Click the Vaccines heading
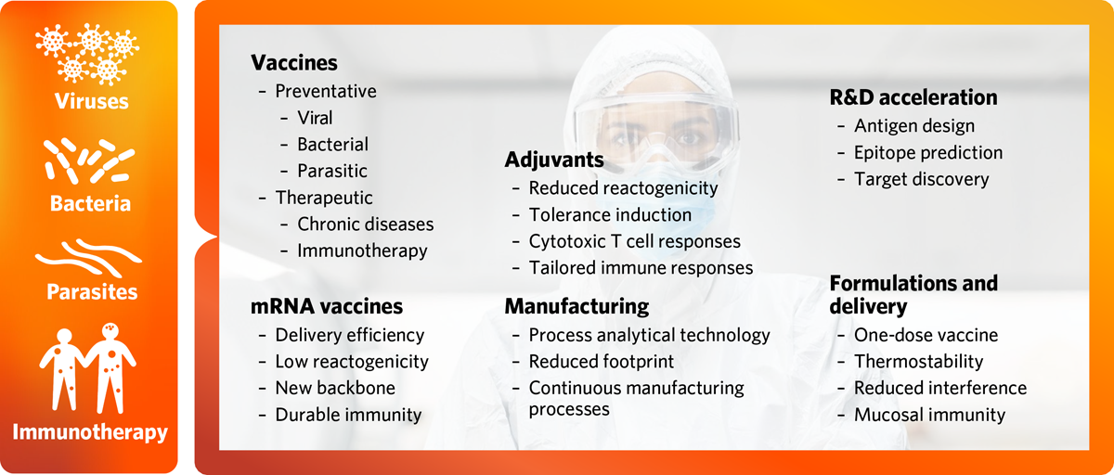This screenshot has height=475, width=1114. pyautogui.click(x=293, y=63)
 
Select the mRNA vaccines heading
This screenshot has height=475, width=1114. pyautogui.click(x=327, y=306)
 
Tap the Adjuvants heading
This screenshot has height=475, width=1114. pyautogui.click(x=554, y=160)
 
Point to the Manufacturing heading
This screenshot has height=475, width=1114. pyautogui.click(x=576, y=306)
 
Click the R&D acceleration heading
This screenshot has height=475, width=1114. pyautogui.click(x=913, y=96)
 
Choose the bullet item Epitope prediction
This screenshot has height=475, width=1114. pyautogui.click(x=928, y=152)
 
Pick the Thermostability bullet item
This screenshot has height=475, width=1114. pyautogui.click(x=918, y=361)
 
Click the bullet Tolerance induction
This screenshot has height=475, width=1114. pyautogui.click(x=610, y=214)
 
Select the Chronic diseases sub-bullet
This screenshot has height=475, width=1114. pyautogui.click(x=365, y=224)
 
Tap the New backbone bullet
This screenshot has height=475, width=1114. pyautogui.click(x=335, y=388)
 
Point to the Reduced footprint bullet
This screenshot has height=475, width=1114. pyautogui.click(x=602, y=361)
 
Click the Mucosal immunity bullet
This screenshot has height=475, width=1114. pyautogui.click(x=929, y=415)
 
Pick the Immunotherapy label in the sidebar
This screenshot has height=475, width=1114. pyautogui.click(x=89, y=431)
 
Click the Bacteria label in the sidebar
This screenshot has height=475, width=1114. pyautogui.click(x=89, y=203)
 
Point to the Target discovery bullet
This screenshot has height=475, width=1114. pyautogui.click(x=922, y=179)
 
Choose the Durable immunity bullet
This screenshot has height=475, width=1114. pyautogui.click(x=348, y=415)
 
